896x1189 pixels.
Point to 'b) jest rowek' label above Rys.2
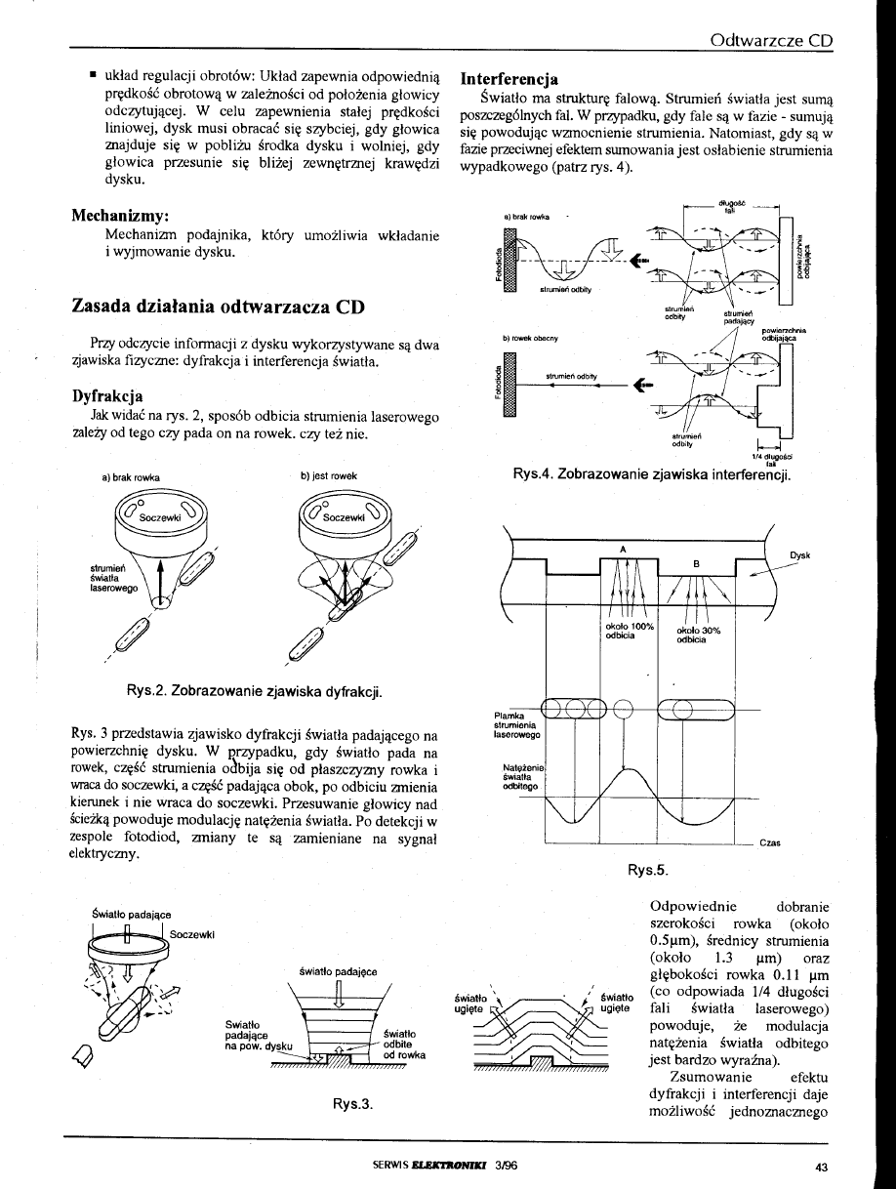click(x=330, y=475)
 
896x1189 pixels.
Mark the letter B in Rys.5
click(x=696, y=563)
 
